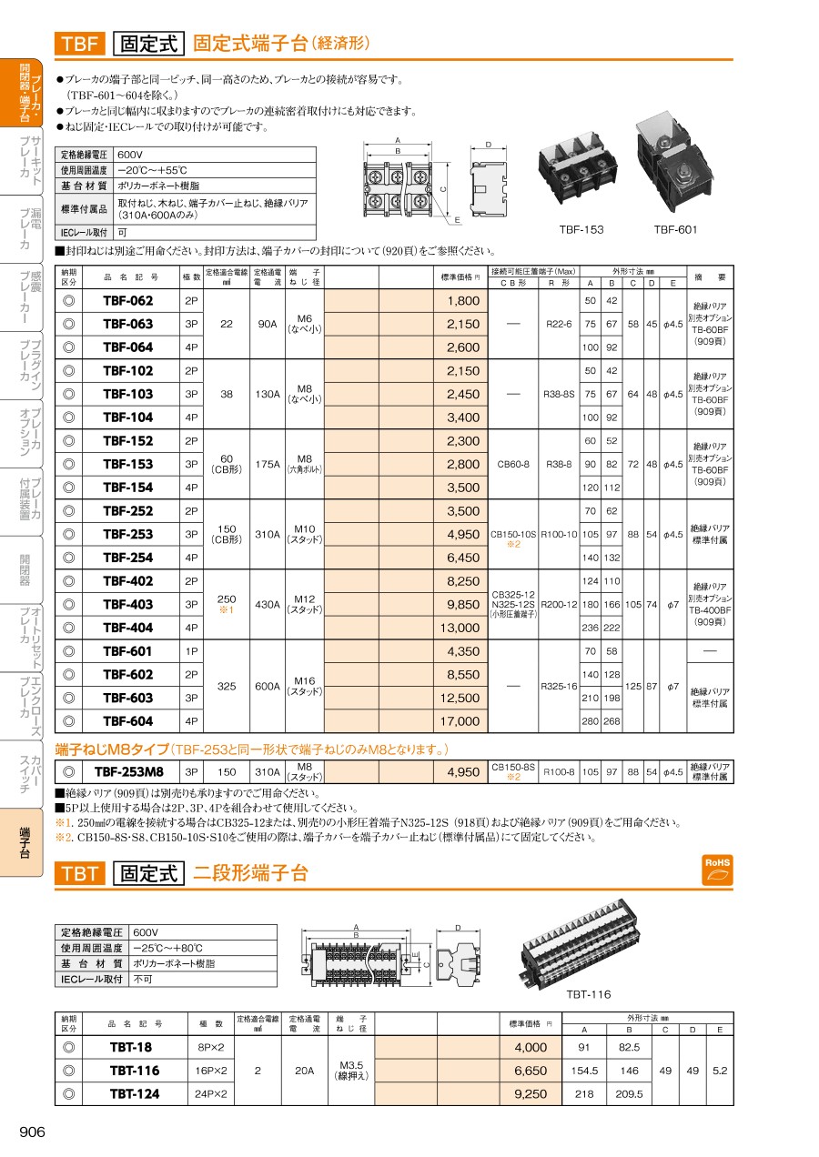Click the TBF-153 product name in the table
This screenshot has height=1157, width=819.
coord(127,464)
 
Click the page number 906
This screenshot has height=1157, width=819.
coord(32,1131)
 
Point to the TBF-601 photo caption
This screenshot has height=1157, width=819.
coord(674,229)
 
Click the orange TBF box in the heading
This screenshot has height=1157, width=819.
coord(80,43)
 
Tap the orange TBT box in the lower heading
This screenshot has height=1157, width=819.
coord(80,874)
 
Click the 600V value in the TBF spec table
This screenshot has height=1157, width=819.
coord(131,155)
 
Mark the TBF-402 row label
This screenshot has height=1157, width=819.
coord(127,581)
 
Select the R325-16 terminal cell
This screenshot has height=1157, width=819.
coord(559,687)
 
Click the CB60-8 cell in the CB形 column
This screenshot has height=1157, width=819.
coord(513,464)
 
